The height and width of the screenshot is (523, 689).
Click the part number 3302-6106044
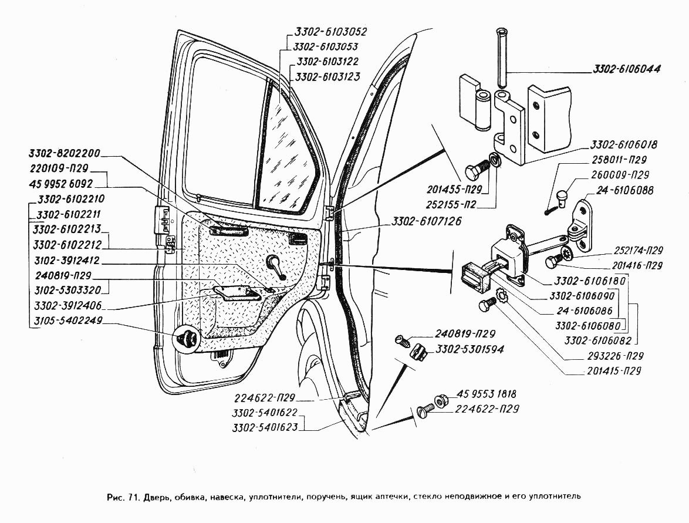pos(625,69)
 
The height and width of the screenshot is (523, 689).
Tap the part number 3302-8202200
pos(65,154)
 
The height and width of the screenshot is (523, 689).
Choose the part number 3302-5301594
pos(470,349)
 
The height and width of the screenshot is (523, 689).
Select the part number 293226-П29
pos(614,356)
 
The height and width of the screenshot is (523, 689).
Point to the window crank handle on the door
pos(275,265)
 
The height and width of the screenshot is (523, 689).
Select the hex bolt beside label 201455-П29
pos(476,171)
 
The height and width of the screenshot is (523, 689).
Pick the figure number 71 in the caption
pos(131,496)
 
